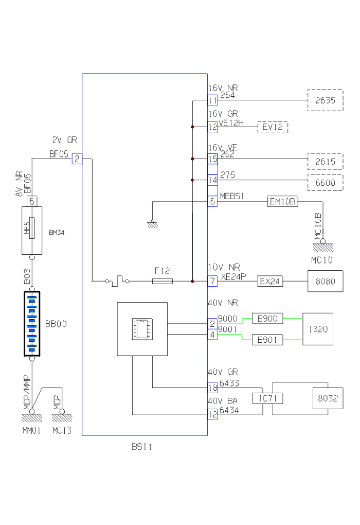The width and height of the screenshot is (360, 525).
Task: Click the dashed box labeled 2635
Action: coord(325,100)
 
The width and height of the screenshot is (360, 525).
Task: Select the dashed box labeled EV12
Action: coord(273,127)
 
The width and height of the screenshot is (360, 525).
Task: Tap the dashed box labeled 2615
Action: coord(325,161)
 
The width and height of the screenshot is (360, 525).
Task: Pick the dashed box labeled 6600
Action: coord(325,183)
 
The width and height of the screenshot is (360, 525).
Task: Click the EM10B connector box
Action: coord(283,202)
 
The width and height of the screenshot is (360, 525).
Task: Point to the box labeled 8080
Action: coord(325,282)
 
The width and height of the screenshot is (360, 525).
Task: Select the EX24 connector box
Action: coord(271,282)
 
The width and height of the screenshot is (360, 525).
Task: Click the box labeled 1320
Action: coord(318,329)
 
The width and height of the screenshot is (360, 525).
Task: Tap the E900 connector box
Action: coord(267,319)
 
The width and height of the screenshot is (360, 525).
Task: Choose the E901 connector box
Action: coord(267,340)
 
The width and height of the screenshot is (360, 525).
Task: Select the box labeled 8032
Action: coord(328,398)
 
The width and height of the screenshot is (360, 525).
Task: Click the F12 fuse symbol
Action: coord(163,281)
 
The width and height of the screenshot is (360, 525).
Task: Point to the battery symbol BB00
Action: coord(32,324)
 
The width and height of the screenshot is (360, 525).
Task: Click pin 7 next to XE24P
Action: coord(212,282)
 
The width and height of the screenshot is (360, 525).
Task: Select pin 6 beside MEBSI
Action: coord(212,202)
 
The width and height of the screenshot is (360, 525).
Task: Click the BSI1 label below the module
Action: coord(141,447)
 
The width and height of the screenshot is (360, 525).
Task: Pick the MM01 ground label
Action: coord(32,430)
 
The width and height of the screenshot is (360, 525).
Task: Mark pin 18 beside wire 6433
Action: coord(212,388)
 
